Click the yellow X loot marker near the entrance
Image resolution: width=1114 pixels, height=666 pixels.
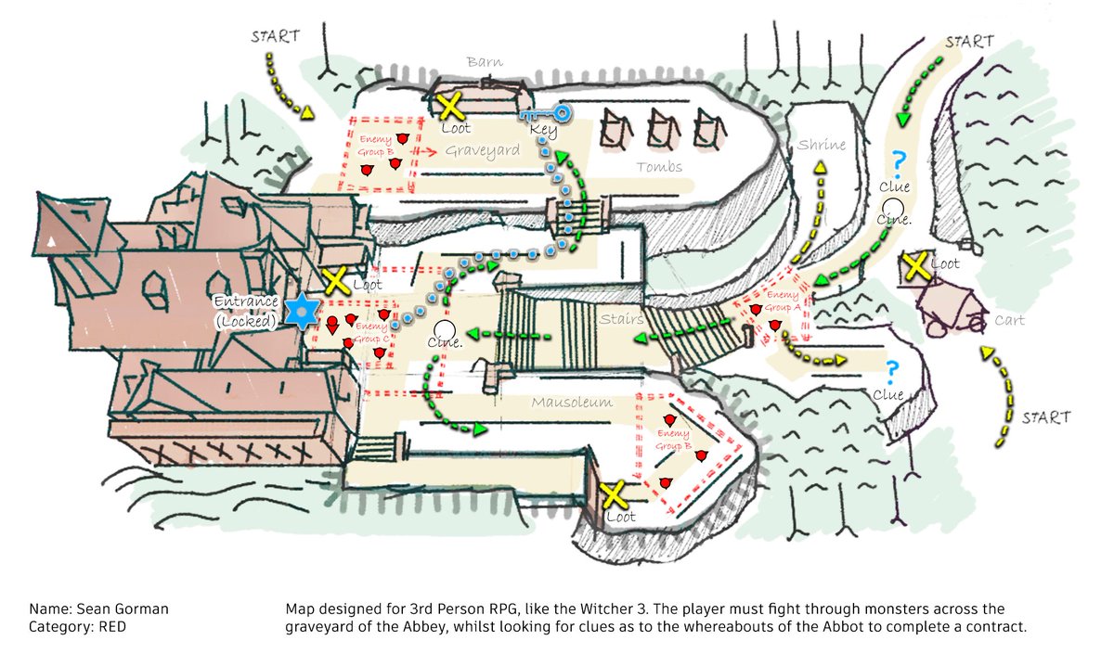[335, 280]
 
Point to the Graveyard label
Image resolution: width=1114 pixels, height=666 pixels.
[480, 150]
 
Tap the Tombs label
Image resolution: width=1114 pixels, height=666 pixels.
[659, 167]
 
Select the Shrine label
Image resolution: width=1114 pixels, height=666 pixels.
[822, 146]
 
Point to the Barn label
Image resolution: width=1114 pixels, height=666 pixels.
[485, 63]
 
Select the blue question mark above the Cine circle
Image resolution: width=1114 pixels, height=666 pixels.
[897, 160]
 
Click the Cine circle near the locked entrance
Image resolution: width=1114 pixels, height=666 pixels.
[445, 328]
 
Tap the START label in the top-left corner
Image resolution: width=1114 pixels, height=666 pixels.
[275, 37]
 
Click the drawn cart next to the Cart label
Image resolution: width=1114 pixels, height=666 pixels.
[947, 308]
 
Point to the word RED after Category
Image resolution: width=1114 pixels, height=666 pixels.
[110, 627]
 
